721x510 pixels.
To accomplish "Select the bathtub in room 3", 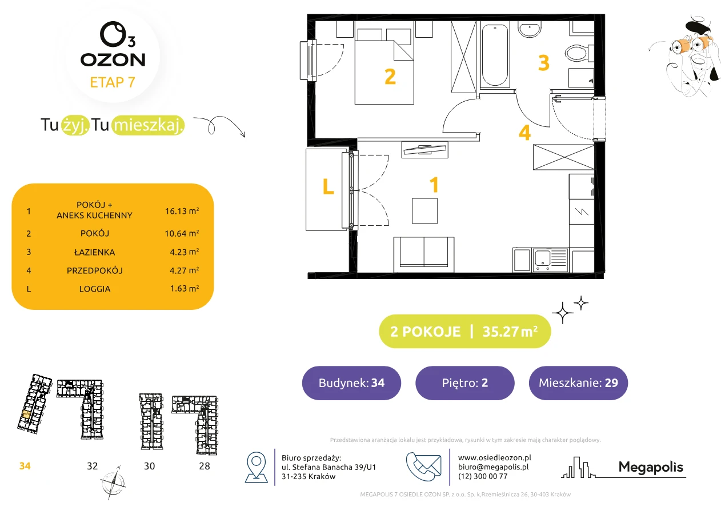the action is coord(495,55).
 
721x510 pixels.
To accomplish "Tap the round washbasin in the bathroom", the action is coord(530,29).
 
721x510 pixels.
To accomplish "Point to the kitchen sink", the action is coord(550,260).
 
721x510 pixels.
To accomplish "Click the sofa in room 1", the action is coord(423,254).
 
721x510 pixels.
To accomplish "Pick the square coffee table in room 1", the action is coord(424,211).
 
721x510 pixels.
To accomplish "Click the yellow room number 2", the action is coord(390,77).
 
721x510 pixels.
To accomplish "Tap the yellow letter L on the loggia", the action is coord(328,186).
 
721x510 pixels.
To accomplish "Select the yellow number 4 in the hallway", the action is coord(524,133).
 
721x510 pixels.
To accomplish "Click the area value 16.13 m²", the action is coord(182,211).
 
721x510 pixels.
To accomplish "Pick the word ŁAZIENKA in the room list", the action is coord(94,252).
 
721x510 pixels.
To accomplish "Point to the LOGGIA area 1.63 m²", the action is coord(185,288).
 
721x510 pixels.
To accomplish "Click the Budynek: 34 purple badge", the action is coord(351,382).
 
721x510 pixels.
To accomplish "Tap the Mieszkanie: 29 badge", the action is coord(578,382).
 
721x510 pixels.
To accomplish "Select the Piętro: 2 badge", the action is coord(465,382).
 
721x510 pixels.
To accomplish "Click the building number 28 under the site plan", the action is coord(205,466).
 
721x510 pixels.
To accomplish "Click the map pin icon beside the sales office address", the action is coord(256,467).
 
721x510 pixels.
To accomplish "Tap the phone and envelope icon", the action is coord(423,467).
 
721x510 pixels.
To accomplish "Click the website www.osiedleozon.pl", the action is coord(494,457).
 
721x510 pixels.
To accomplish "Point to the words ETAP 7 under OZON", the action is coord(113,82).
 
